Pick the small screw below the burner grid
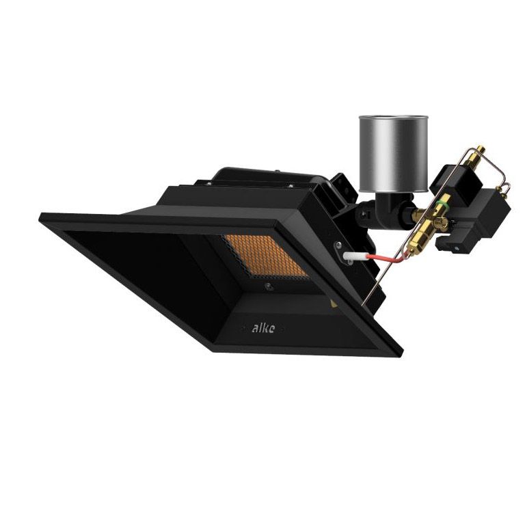point(269,286)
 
